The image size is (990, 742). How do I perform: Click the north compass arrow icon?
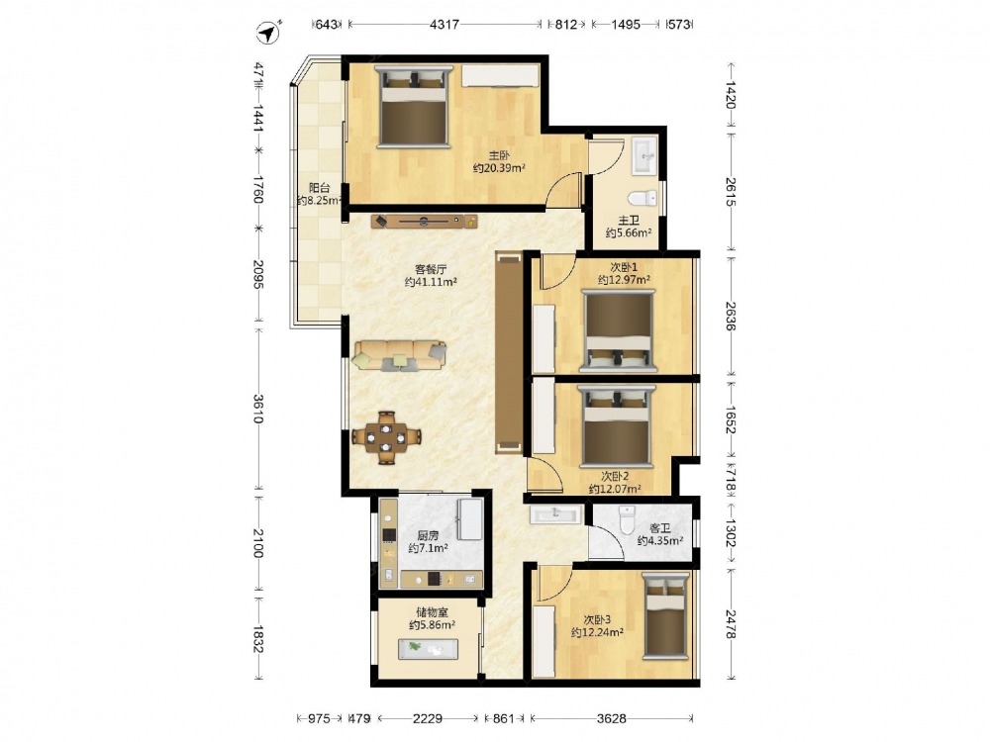click(269, 33)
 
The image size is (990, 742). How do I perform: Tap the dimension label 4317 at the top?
click(444, 25)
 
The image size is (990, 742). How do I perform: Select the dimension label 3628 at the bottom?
click(611, 718)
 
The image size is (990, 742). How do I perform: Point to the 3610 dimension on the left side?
click(258, 409)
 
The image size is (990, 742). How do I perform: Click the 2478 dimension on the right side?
click(731, 623)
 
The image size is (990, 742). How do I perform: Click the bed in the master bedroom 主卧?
click(414, 107)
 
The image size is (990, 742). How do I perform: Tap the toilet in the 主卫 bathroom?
click(644, 198)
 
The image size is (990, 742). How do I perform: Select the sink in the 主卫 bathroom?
click(644, 154)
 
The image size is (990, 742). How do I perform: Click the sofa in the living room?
click(400, 354)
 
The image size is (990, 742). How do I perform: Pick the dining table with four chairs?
click(386, 436)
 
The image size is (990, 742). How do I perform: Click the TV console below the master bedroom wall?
click(425, 221)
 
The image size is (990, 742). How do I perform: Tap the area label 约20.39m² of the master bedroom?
click(499, 168)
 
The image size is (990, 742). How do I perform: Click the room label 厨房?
click(428, 535)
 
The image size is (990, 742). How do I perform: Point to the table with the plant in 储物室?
click(428, 649)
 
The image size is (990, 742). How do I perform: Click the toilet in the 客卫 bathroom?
click(627, 519)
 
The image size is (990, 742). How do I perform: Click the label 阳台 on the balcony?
click(320, 187)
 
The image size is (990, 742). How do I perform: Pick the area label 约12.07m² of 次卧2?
click(615, 489)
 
